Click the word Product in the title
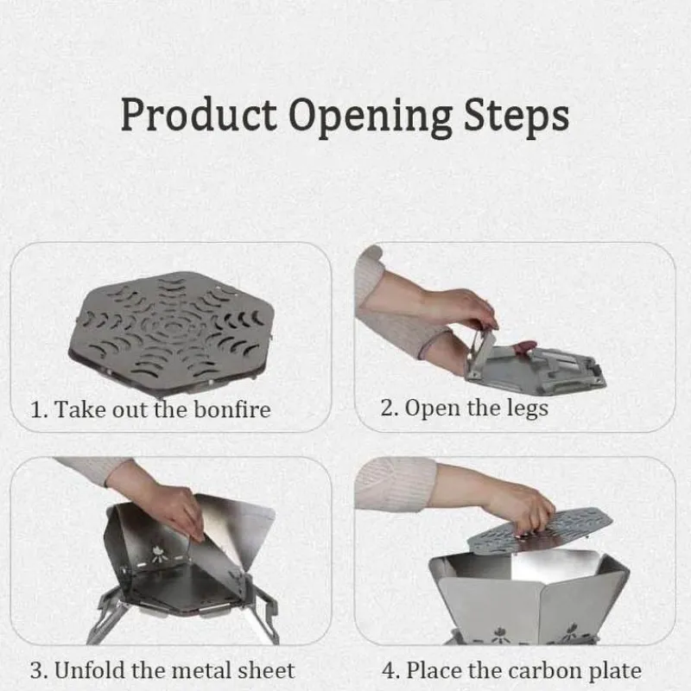199,115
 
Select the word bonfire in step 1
232,409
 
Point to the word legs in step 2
527,409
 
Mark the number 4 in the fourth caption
390,671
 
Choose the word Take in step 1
80,409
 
